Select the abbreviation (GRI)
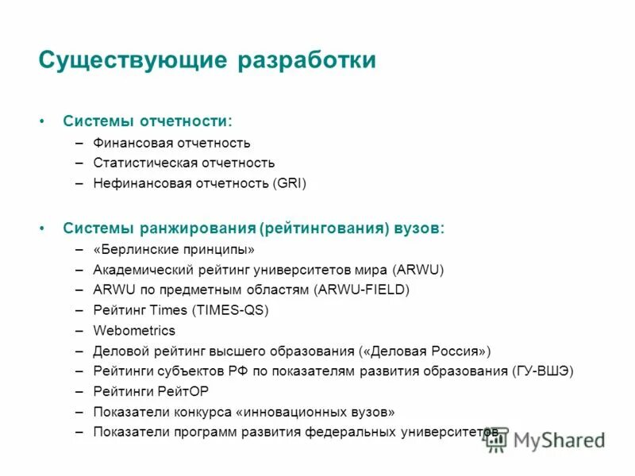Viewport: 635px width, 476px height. pos(290,183)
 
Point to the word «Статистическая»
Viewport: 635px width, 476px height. pos(140,163)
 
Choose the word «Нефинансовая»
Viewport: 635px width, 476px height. pos(136,183)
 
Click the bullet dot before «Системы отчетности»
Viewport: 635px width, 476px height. pos(42,121)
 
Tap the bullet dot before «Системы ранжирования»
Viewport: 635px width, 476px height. pos(42,228)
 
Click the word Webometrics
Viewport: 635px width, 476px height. pos(134,331)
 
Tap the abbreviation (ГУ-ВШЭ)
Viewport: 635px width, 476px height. pos(543,370)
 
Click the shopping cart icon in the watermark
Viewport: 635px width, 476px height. pos(497,441)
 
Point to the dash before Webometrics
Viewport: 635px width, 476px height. pos(80,331)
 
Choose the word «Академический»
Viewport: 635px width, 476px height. pos(140,270)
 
